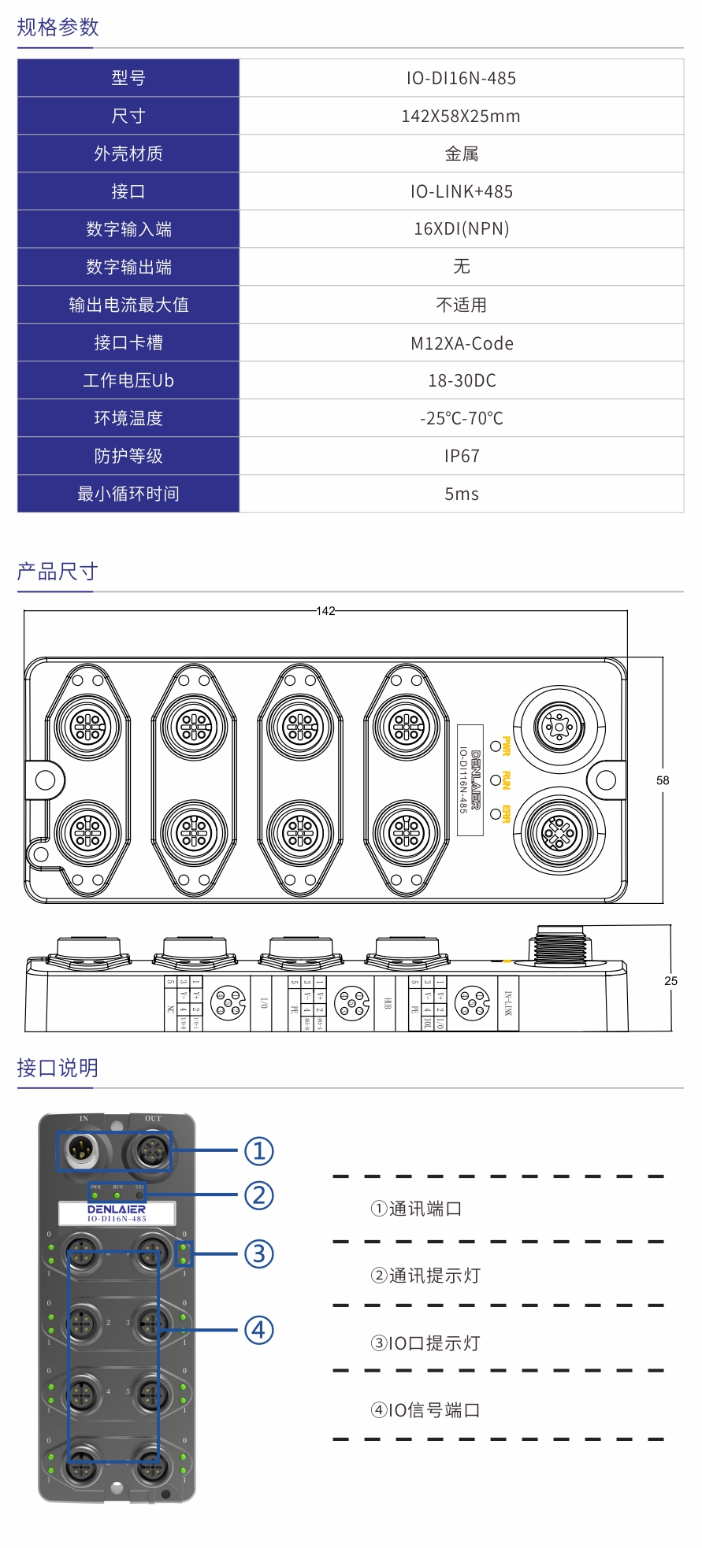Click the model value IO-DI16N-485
(x=461, y=78)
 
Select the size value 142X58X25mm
(x=461, y=116)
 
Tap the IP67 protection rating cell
(x=461, y=456)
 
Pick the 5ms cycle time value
(x=461, y=494)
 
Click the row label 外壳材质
(x=128, y=154)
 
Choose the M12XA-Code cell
(x=461, y=343)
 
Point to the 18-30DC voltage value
(x=461, y=380)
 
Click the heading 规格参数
(x=58, y=28)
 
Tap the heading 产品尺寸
(x=58, y=572)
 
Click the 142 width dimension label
(x=325, y=611)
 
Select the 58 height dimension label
(x=663, y=780)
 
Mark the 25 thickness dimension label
(x=670, y=980)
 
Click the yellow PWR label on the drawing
(x=507, y=746)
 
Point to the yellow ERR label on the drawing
(x=507, y=814)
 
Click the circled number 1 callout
(x=259, y=1151)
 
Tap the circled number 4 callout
(x=259, y=1330)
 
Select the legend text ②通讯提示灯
(x=425, y=1276)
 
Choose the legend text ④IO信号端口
(x=425, y=1410)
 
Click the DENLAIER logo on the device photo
(x=117, y=1209)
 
